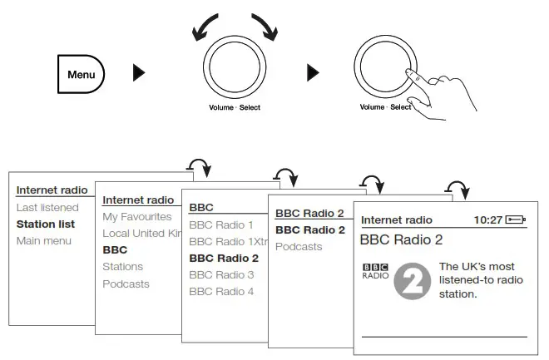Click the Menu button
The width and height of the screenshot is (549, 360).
pyautogui.click(x=81, y=74)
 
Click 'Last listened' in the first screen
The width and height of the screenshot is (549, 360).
pyautogui.click(x=48, y=207)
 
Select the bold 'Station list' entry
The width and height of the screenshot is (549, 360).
pyautogui.click(x=46, y=224)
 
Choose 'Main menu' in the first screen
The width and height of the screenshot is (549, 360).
pyautogui.click(x=44, y=241)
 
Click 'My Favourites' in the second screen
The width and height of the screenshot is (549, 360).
pyautogui.click(x=137, y=216)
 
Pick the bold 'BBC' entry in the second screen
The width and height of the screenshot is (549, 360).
pyautogui.click(x=115, y=249)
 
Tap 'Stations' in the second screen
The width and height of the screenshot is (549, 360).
pyautogui.click(x=123, y=267)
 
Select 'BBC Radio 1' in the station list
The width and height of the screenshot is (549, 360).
pyautogui.click(x=221, y=224)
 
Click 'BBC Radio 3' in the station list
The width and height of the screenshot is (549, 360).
pyautogui.click(x=221, y=274)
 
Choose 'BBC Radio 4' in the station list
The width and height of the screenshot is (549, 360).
pyautogui.click(x=221, y=291)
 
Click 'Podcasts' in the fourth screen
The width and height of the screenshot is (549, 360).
pyautogui.click(x=299, y=247)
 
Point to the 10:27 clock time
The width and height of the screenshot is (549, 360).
pyautogui.click(x=487, y=220)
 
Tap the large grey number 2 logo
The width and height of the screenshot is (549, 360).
pyautogui.click(x=411, y=280)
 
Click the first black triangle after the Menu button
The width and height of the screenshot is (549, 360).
pyautogui.click(x=139, y=73)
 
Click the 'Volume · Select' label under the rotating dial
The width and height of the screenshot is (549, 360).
pyautogui.click(x=234, y=107)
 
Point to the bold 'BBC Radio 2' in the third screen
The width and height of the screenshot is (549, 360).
pyautogui.click(x=224, y=258)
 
